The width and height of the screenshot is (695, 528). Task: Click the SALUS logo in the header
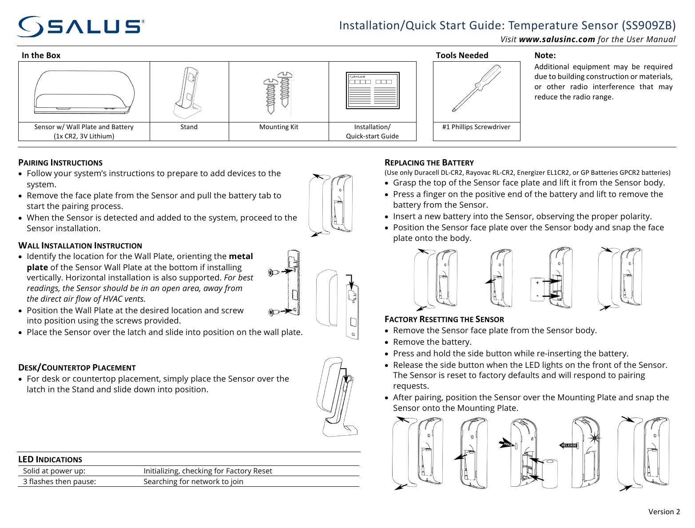click(80, 27)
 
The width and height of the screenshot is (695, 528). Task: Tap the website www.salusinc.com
click(556, 39)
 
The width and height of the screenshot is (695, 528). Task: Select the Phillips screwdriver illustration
click(476, 88)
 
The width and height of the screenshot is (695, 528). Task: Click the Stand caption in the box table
click(189, 127)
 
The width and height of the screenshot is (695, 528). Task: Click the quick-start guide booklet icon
click(373, 91)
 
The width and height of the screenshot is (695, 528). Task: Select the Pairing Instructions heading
click(60, 163)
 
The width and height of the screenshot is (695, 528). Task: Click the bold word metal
click(241, 256)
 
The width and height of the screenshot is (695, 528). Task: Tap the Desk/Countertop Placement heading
click(77, 368)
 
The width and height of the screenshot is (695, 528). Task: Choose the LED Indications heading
click(50, 460)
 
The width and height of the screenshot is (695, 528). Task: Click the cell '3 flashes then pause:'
click(60, 482)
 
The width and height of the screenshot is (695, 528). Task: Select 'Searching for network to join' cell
click(193, 482)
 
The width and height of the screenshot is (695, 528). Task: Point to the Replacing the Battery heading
click(429, 163)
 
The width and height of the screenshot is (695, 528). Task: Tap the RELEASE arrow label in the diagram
click(568, 445)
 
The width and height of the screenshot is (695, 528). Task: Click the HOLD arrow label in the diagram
click(507, 443)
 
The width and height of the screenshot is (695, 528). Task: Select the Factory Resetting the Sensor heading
click(444, 319)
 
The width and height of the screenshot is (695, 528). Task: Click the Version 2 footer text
click(664, 512)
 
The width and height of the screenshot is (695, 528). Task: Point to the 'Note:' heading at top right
click(545, 55)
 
